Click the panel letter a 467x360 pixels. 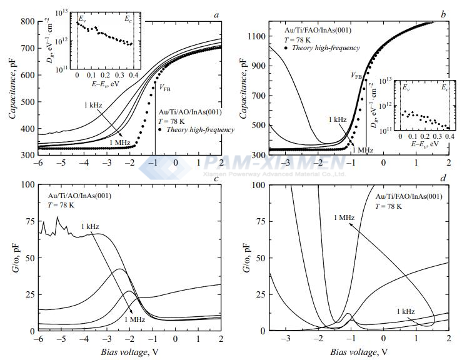[216, 15]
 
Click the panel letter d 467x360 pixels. [443, 178]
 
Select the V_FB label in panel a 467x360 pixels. [165, 87]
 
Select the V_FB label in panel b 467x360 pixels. [356, 76]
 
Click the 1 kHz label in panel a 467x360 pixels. [93, 105]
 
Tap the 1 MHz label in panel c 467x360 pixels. [134, 319]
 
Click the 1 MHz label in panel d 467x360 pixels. [344, 217]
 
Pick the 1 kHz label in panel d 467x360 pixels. [406, 311]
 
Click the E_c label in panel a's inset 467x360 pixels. [128, 19]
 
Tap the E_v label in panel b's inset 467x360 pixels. [406, 87]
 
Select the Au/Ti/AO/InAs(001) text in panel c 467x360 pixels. [80, 196]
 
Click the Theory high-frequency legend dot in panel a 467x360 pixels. [160, 129]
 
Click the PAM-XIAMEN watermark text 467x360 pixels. [274, 162]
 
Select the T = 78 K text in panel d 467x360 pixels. [388, 206]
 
